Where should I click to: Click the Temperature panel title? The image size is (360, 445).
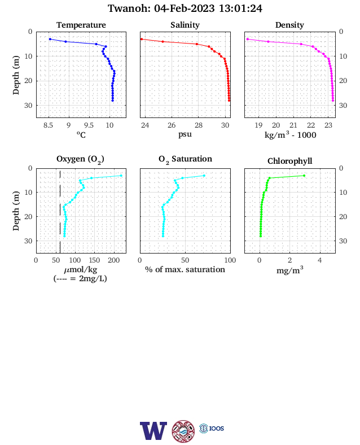pyautogui.click(x=81, y=25)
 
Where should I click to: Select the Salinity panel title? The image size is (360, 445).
pyautogui.click(x=185, y=25)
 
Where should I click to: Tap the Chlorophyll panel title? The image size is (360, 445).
pyautogui.click(x=289, y=161)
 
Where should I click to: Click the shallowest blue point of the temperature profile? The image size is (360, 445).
pyautogui.click(x=50, y=39)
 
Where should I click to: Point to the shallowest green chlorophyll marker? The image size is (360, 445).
pyautogui.click(x=304, y=176)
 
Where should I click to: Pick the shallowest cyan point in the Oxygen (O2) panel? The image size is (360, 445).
pyautogui.click(x=121, y=176)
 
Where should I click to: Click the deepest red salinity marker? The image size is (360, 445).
pyautogui.click(x=229, y=101)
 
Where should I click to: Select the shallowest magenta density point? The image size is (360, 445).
pyautogui.click(x=248, y=39)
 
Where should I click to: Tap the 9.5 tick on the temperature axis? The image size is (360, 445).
pyautogui.click(x=89, y=125)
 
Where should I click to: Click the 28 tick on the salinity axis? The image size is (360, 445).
pyautogui.click(x=199, y=125)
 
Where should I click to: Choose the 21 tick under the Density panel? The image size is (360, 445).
pyautogui.click(x=293, y=125)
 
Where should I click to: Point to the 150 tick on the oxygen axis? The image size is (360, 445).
pyautogui.click(x=94, y=260)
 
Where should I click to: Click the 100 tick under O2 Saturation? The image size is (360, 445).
pyautogui.click(x=230, y=260)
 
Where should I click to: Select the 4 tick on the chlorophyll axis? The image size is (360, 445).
pyautogui.click(x=320, y=260)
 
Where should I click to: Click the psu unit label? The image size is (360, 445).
pyautogui.click(x=185, y=134)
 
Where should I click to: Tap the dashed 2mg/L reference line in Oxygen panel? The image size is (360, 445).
pyautogui.click(x=60, y=211)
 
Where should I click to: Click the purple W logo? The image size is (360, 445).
pyautogui.click(x=153, y=430)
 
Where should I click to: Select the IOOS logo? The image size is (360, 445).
pyautogui.click(x=212, y=428)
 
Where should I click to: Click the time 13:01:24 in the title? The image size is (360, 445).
pyautogui.click(x=240, y=8)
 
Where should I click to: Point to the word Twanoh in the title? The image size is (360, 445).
pyautogui.click(x=129, y=8)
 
